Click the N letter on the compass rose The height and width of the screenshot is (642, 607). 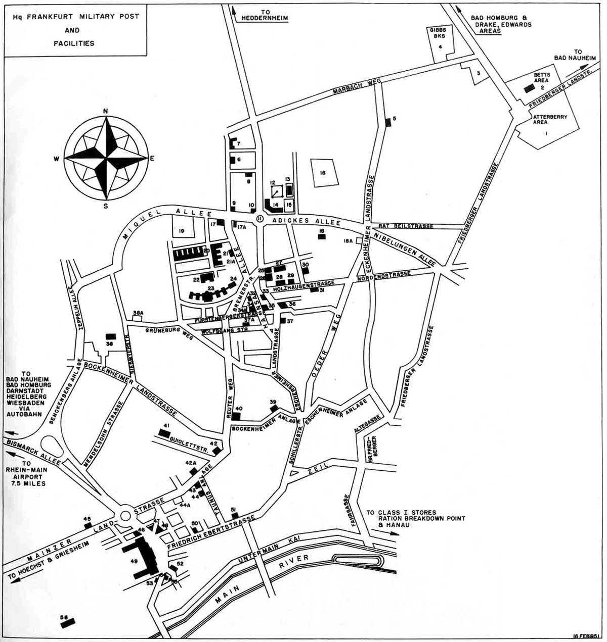pyautogui.click(x=105, y=111)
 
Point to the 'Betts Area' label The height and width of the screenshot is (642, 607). pyautogui.click(x=542, y=78)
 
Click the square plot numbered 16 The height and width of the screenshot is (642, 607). pyautogui.click(x=322, y=173)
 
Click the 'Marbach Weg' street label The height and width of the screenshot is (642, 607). pyautogui.click(x=352, y=87)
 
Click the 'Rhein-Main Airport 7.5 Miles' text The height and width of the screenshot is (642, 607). pyautogui.click(x=26, y=473)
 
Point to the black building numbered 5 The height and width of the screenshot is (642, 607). pyautogui.click(x=388, y=121)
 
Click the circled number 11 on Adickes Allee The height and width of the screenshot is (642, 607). pyautogui.click(x=259, y=218)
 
